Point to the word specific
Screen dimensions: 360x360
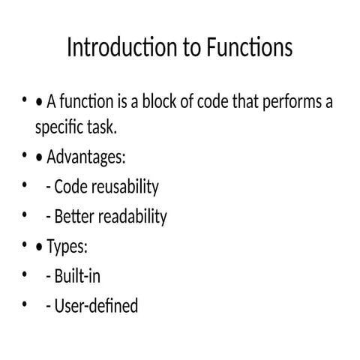[58, 128]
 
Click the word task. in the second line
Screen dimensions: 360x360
[101, 128]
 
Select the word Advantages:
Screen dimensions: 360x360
[86, 158]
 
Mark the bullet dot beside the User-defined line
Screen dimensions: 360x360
[25, 304]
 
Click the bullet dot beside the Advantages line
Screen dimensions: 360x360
[25, 157]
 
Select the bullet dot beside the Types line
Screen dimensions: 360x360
[25, 245]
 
